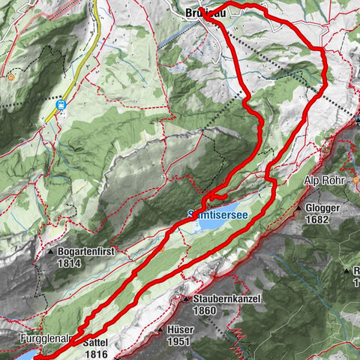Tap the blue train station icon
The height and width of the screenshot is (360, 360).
62,106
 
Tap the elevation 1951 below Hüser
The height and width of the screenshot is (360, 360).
179,342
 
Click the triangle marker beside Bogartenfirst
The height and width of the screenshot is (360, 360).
50,253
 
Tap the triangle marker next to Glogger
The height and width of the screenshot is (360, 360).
298,208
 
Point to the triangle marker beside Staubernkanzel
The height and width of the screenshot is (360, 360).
187,299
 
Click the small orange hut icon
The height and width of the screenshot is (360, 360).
12,76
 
